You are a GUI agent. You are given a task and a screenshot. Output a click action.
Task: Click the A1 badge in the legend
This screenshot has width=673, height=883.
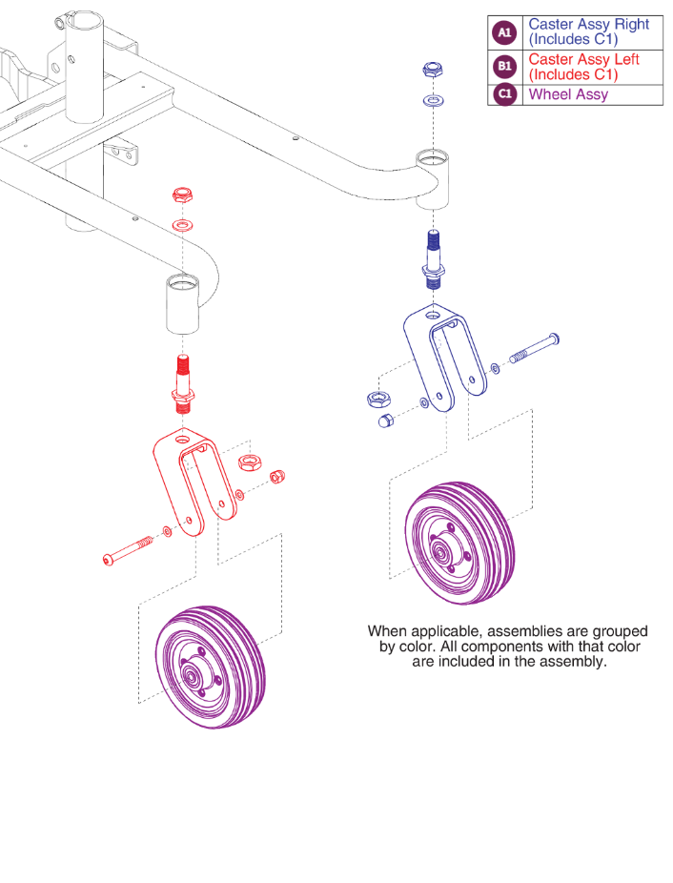tap(504, 32)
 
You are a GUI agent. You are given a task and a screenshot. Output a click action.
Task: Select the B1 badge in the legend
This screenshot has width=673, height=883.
tap(504, 67)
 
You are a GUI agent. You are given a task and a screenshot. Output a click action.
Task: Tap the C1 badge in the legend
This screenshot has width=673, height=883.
tap(504, 94)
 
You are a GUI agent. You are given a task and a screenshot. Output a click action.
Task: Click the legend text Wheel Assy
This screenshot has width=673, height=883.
tap(568, 94)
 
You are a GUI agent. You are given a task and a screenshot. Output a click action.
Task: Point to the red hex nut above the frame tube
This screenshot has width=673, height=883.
tap(182, 195)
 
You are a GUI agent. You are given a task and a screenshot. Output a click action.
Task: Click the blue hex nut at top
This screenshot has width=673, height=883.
tap(432, 70)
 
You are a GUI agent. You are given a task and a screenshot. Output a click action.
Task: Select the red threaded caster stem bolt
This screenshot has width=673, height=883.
tap(182, 381)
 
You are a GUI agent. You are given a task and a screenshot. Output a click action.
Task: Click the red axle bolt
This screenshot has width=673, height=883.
tap(128, 552)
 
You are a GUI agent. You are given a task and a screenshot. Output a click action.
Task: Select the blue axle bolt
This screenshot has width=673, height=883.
tap(534, 350)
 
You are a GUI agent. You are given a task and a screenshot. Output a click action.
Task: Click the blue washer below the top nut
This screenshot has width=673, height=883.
tap(433, 99)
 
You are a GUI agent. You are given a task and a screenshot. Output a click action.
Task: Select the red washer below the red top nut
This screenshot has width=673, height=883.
tap(181, 225)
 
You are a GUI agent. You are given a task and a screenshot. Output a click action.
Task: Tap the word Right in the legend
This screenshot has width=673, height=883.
tap(629, 24)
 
